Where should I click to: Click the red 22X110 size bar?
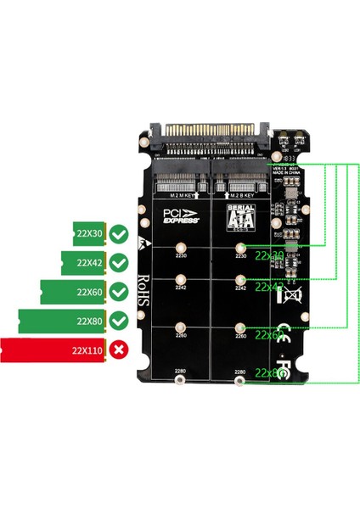point(53,349)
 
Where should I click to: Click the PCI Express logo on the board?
point(177,213)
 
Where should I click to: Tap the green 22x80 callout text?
point(271,372)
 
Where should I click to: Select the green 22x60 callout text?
point(271,336)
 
